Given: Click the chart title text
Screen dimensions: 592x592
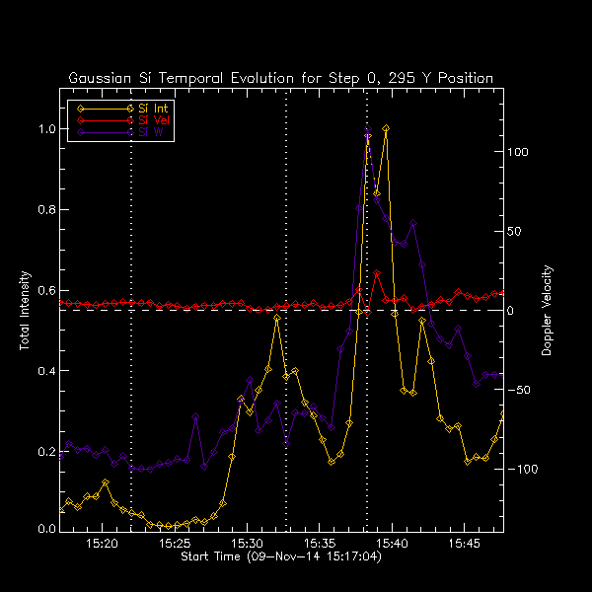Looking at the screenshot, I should click(281, 78).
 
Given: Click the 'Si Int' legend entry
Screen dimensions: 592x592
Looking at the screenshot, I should click(151, 107).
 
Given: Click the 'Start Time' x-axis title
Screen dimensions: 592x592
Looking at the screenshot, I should click(281, 557).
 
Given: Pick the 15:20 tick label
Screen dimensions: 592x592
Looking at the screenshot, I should click(103, 544).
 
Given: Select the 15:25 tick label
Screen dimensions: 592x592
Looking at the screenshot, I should click(175, 544).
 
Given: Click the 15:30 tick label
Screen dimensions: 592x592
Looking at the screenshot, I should click(247, 544).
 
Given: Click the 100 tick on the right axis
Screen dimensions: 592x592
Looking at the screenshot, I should click(519, 153).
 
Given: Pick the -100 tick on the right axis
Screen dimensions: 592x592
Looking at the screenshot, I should click(521, 470).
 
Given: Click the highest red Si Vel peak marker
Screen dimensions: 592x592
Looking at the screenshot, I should click(377, 273).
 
